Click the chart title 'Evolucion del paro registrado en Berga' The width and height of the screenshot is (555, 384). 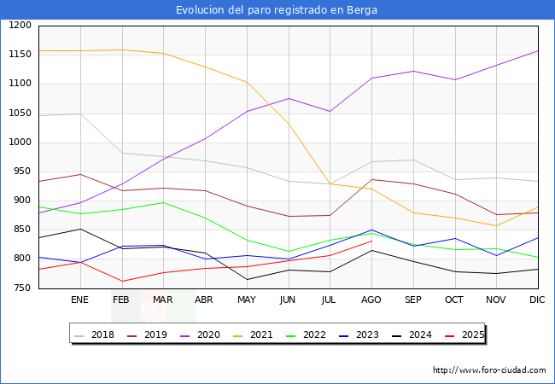(277, 10)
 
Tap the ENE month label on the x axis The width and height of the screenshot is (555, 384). (79, 300)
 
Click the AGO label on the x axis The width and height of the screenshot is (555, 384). (371, 300)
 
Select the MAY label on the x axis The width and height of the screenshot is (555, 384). (246, 300)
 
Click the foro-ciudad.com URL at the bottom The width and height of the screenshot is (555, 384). (489, 370)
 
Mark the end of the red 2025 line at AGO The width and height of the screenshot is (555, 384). (371, 241)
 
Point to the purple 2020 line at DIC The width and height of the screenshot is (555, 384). (538, 50)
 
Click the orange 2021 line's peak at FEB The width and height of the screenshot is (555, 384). (121, 49)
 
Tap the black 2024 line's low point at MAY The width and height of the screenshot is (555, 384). (246, 279)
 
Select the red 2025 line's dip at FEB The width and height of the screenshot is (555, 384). (121, 281)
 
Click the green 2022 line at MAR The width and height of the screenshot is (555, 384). (163, 202)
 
